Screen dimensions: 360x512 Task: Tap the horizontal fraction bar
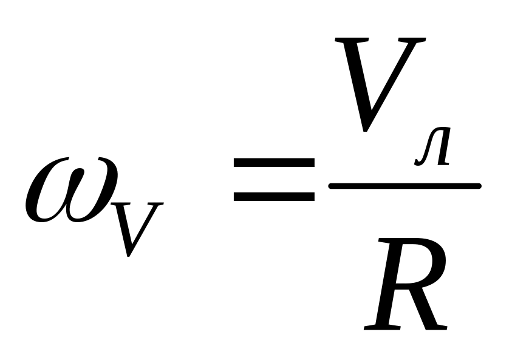(404, 185)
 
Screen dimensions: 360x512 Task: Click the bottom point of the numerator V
(363, 129)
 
